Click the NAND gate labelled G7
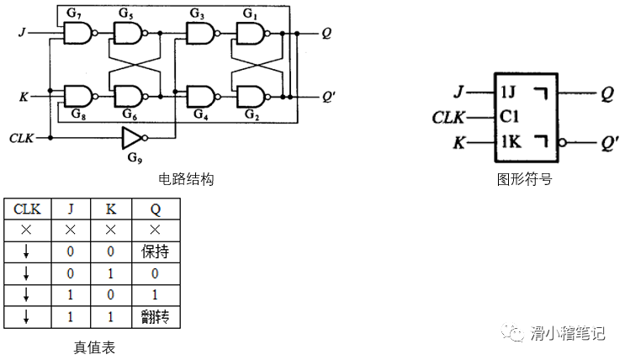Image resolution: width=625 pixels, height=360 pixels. (x=77, y=34)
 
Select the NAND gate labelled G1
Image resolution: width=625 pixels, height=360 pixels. (x=249, y=34)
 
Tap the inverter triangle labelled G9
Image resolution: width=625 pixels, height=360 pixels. (x=132, y=137)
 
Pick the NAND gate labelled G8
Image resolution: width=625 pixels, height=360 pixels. (x=77, y=95)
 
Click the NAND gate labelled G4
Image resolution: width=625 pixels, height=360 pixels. (x=200, y=95)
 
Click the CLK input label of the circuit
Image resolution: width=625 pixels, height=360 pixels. (x=21, y=137)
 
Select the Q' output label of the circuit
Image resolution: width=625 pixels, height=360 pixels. (x=328, y=96)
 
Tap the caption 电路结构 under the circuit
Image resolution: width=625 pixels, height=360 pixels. (x=186, y=179)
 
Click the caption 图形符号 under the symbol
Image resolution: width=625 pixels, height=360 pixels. (x=524, y=179)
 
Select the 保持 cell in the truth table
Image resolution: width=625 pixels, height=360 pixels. (x=155, y=251)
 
